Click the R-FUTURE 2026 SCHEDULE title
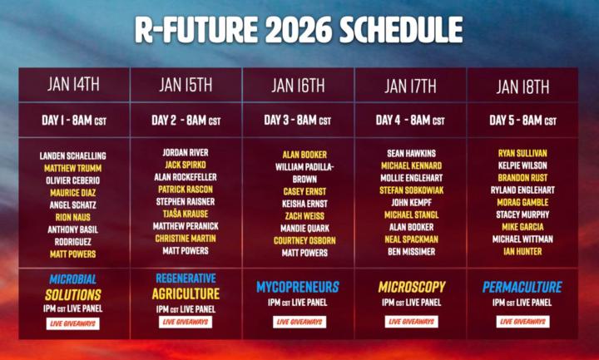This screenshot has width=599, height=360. [x=299, y=29]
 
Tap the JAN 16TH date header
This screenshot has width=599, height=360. [x=298, y=86]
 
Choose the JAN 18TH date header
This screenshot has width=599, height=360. [x=522, y=86]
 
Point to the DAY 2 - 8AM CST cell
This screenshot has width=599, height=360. [x=186, y=121]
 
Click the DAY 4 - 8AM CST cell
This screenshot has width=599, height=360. [x=410, y=121]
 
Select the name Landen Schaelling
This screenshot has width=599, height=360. [x=73, y=156]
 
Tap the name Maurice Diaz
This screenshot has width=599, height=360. [x=73, y=193]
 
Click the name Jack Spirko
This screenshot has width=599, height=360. [x=186, y=165]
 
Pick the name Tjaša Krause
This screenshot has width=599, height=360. [x=186, y=214]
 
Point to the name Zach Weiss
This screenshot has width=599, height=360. [x=298, y=215]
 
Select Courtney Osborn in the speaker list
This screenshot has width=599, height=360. [x=298, y=240]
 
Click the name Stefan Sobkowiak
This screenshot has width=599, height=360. [x=410, y=190]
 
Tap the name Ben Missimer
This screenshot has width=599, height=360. [x=410, y=250]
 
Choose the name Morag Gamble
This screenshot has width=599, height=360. [x=522, y=202]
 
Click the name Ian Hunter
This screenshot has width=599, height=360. [x=522, y=250]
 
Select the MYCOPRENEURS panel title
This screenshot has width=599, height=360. [x=298, y=287]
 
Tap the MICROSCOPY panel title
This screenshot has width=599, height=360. [x=410, y=287]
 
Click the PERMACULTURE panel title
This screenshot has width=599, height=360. [x=522, y=287]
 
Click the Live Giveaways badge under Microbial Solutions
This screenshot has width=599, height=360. [x=73, y=323]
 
